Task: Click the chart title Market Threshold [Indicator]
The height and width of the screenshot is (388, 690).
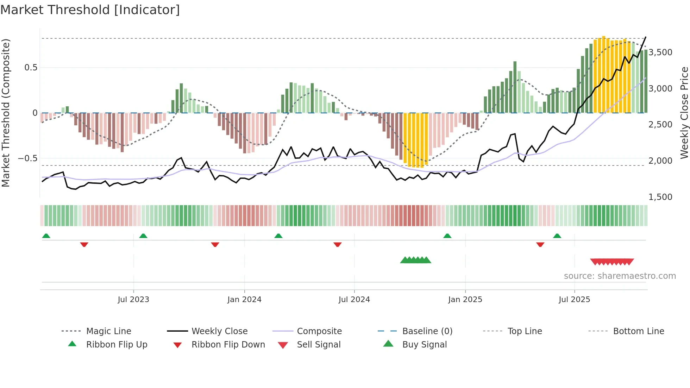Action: click(90, 10)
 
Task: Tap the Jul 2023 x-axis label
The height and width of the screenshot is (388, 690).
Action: click(133, 300)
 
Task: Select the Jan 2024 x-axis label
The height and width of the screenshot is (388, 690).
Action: click(244, 300)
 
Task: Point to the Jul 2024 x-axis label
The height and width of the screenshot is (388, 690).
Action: click(354, 300)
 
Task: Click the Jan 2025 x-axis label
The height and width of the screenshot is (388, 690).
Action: click(465, 300)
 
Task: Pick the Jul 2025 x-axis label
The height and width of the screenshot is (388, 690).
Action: click(574, 300)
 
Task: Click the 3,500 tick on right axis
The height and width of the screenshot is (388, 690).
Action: click(660, 52)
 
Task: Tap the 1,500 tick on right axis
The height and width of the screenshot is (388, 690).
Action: click(660, 197)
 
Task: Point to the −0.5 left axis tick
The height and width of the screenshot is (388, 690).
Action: click(27, 158)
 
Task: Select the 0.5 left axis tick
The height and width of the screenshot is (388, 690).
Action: click(31, 68)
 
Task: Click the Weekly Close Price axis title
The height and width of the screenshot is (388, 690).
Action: click(684, 113)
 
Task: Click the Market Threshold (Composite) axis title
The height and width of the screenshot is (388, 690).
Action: click(6, 113)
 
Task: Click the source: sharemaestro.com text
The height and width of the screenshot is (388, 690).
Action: click(620, 276)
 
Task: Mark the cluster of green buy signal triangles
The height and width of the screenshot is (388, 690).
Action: click(415, 260)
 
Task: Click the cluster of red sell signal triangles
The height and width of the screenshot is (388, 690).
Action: click(612, 262)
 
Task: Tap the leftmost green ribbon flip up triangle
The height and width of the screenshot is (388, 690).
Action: click(46, 236)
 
